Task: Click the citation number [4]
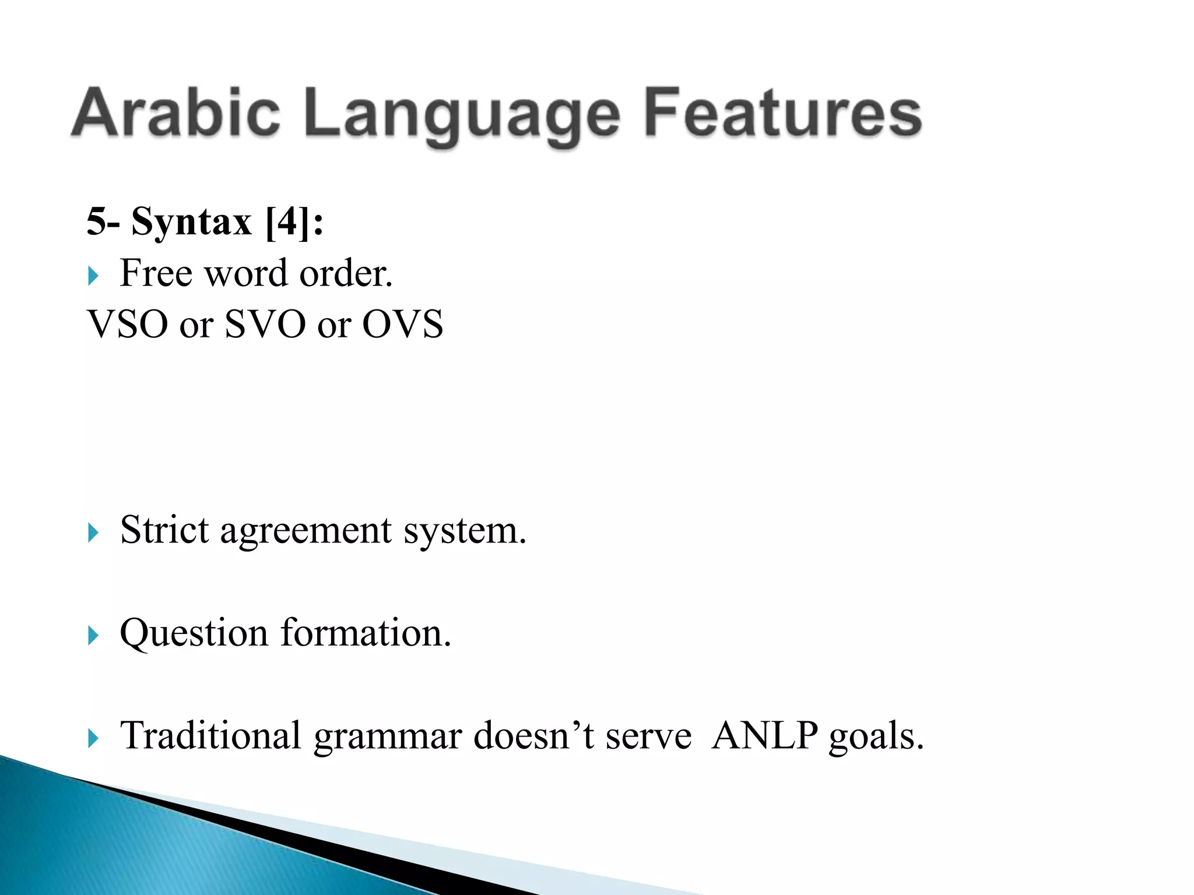pyautogui.click(x=288, y=222)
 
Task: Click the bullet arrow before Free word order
pyautogui.click(x=93, y=275)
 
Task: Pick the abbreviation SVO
pyautogui.click(x=265, y=324)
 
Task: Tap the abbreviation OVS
pyautogui.click(x=402, y=324)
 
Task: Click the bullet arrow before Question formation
pyautogui.click(x=93, y=635)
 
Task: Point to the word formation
pyautogui.click(x=366, y=633)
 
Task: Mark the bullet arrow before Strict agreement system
pyautogui.click(x=93, y=532)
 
